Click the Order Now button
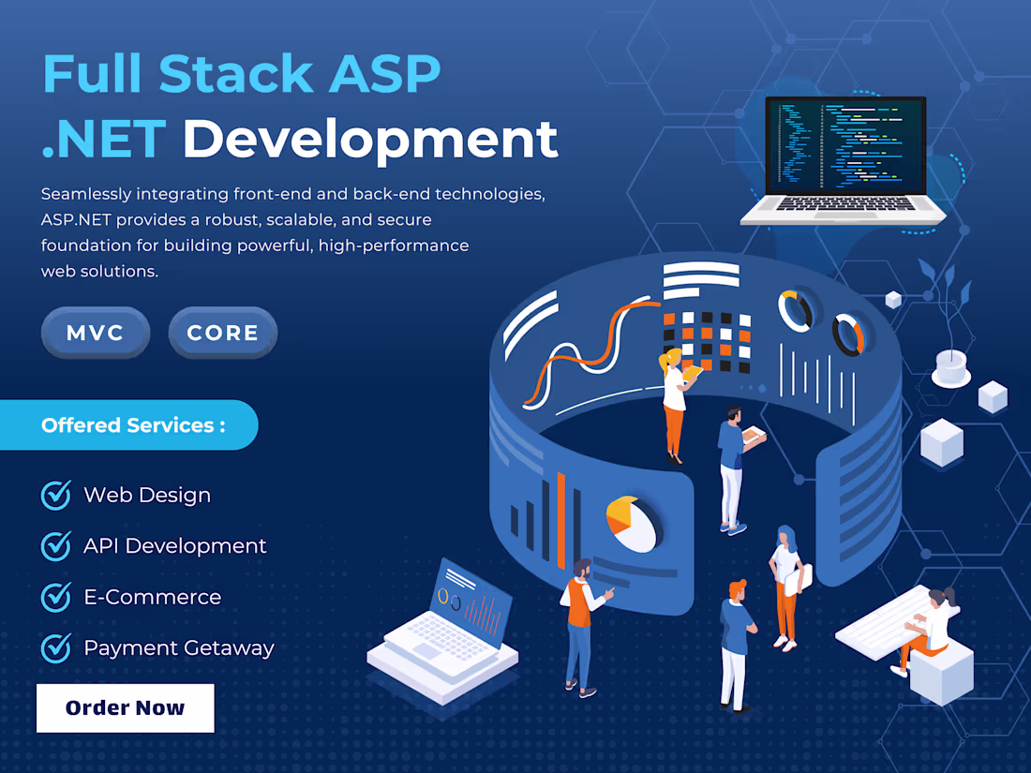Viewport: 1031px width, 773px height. pos(125,707)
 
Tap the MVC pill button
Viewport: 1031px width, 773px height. pos(96,333)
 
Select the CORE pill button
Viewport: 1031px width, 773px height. pos(222,333)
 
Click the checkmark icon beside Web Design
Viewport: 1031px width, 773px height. pos(56,495)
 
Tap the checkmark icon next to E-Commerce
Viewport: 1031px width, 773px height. pos(56,597)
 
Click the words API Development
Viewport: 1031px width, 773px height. pos(175,545)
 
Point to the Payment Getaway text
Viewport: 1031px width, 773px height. pos(179,647)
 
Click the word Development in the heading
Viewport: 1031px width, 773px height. pos(370,138)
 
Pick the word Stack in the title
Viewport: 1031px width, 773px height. pos(235,73)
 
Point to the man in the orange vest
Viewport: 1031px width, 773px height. pos(580,623)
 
